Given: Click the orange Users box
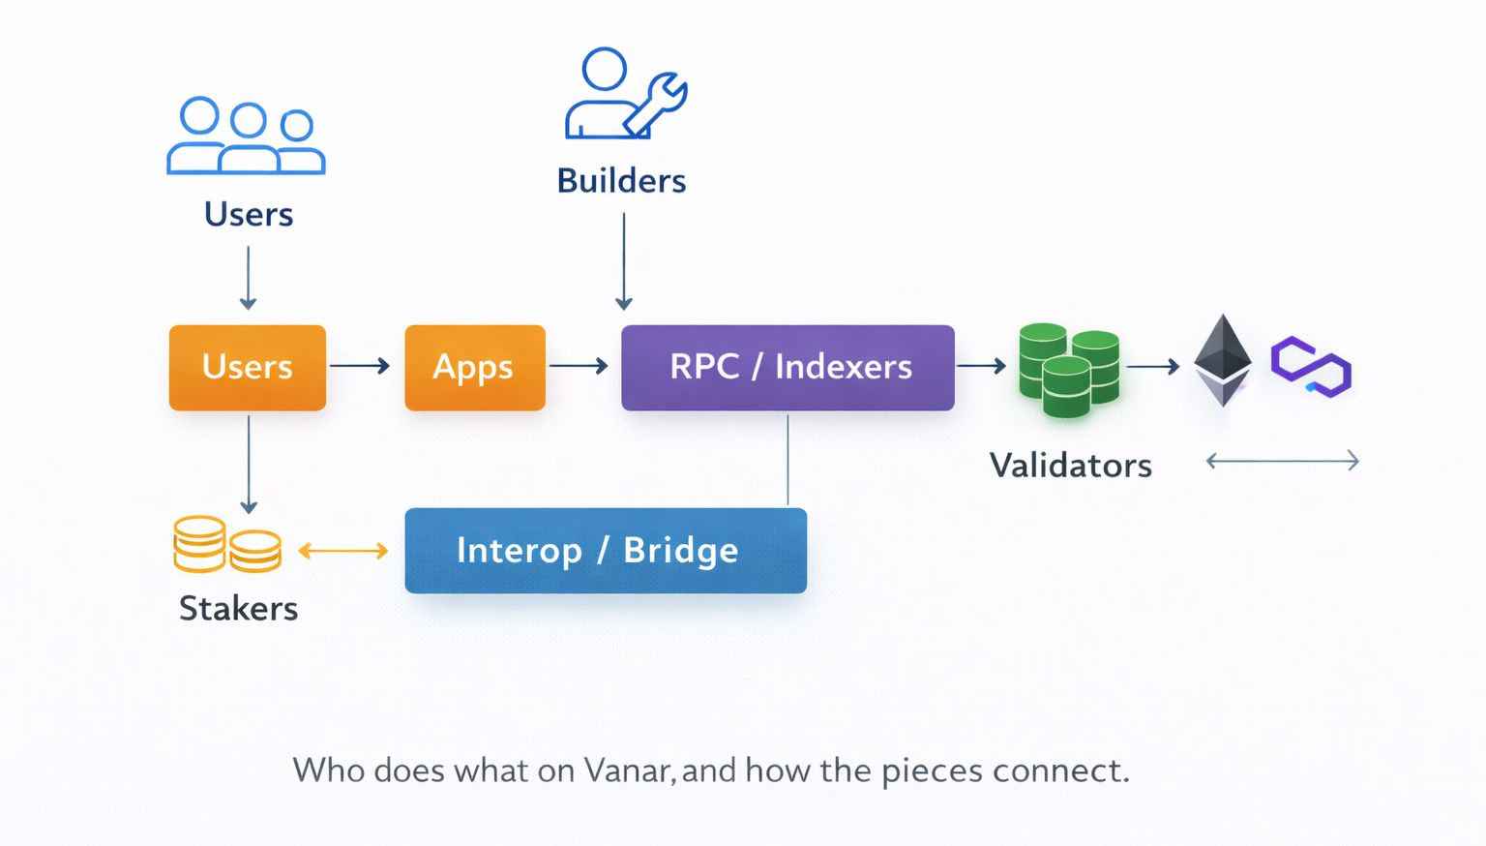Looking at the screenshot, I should (x=247, y=368).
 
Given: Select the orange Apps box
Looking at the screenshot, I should (x=474, y=368).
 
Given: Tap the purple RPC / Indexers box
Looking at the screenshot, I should (x=788, y=368).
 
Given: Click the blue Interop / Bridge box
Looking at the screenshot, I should (x=605, y=550).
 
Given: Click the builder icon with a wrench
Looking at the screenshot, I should (x=624, y=93).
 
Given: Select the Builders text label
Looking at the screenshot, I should (x=621, y=181).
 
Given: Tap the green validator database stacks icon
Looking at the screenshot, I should (x=1068, y=371).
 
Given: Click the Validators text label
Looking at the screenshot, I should (x=1070, y=466).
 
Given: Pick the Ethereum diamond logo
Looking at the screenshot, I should (x=1223, y=360).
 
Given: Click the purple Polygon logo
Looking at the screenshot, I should (x=1311, y=367).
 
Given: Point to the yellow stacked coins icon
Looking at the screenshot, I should (x=227, y=544).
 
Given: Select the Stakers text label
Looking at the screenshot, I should (x=238, y=609).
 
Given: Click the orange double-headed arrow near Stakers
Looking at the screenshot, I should (x=342, y=551).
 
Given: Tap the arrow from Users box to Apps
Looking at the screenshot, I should (x=360, y=366).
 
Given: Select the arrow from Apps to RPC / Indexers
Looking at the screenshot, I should (x=579, y=366).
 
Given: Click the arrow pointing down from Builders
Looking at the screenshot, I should (x=624, y=261).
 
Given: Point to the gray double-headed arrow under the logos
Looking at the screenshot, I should (x=1282, y=461).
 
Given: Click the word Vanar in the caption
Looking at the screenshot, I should (x=626, y=770).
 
